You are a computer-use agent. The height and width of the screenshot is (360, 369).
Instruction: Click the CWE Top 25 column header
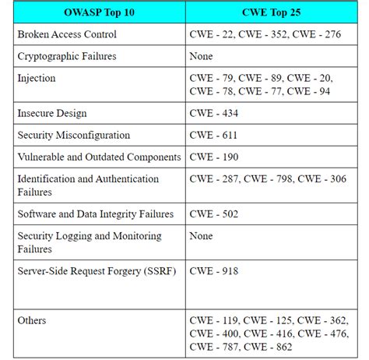[x=272, y=13]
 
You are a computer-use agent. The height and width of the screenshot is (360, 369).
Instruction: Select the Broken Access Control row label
[x=67, y=35]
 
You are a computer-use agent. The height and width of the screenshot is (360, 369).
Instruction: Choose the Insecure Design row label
[x=52, y=114]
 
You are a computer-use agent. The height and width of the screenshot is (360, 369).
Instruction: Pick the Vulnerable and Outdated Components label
[x=99, y=157]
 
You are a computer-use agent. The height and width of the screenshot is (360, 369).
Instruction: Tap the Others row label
[x=32, y=320]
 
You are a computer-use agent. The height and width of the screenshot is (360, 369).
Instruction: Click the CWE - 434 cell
[x=214, y=114]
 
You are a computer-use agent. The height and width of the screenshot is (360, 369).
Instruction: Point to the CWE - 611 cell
[x=213, y=135]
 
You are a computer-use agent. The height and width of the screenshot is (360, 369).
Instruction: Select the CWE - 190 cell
[x=214, y=157]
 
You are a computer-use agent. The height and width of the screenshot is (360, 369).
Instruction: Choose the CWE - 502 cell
[x=214, y=214]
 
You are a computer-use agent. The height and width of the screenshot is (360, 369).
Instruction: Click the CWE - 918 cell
[x=214, y=270]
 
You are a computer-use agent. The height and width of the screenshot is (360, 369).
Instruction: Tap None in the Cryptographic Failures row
[x=201, y=56]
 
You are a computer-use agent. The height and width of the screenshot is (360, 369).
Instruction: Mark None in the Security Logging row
[x=201, y=235]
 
